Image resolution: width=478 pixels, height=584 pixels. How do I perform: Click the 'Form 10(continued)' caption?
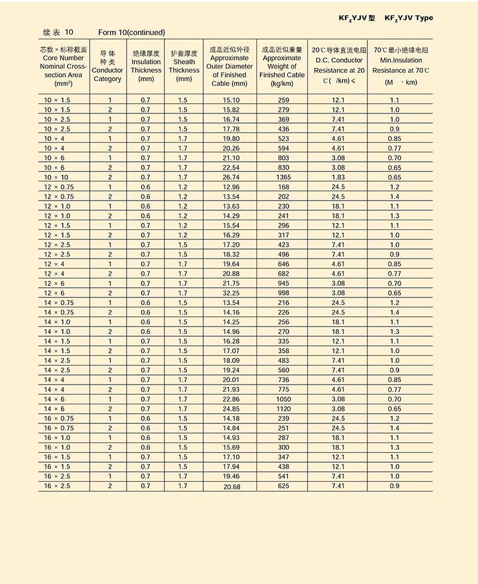tap(131, 32)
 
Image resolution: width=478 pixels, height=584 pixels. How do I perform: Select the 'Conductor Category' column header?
tap(108, 66)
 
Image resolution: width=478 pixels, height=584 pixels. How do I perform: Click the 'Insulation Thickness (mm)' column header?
tap(146, 66)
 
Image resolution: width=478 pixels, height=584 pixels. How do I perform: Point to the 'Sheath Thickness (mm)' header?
tap(184, 66)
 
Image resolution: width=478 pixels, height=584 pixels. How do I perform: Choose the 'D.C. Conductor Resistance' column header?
tap(338, 66)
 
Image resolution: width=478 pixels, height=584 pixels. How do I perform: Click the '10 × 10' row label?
tap(56, 177)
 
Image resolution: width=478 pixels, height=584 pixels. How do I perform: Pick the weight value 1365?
tap(283, 177)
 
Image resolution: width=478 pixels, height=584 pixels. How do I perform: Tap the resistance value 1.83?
tap(338, 177)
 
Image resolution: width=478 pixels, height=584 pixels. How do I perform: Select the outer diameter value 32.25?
tap(231, 293)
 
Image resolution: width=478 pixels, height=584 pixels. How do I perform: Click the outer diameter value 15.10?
tap(231, 100)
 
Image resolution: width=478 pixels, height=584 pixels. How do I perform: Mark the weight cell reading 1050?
tap(283, 399)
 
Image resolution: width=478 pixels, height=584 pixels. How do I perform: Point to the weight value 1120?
tap(283, 408)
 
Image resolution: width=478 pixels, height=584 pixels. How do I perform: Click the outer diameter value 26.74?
tap(231, 177)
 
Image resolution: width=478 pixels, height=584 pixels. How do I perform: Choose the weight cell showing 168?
tap(283, 187)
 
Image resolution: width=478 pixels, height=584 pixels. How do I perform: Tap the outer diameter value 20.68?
tap(231, 487)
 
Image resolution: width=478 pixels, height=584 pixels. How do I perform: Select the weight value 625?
tap(283, 486)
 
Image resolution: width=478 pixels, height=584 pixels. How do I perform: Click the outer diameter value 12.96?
tap(231, 187)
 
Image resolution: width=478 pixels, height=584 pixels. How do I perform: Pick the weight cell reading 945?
tap(283, 284)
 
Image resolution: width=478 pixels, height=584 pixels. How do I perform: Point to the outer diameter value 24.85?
tap(231, 408)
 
